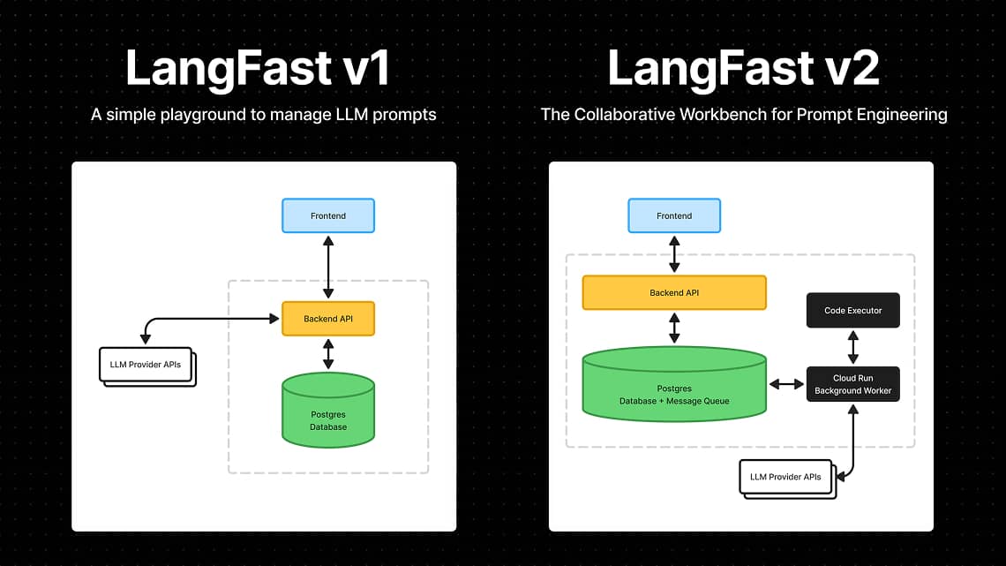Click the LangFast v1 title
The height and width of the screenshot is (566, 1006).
click(258, 69)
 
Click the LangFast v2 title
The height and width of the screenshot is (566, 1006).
click(743, 69)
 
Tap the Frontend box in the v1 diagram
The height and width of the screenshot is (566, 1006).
click(328, 215)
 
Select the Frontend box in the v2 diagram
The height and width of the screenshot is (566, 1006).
click(674, 215)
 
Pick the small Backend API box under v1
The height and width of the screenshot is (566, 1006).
click(328, 319)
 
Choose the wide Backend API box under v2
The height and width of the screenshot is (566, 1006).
click(674, 292)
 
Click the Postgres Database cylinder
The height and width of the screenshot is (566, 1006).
click(328, 411)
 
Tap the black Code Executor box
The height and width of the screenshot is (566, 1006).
click(852, 311)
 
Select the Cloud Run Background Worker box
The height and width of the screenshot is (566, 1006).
click(852, 384)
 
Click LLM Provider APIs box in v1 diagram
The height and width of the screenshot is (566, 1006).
click(146, 365)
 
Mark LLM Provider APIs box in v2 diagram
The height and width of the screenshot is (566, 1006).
click(785, 477)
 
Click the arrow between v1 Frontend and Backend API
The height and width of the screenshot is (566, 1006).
click(328, 266)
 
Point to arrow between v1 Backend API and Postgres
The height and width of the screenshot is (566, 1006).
click(328, 353)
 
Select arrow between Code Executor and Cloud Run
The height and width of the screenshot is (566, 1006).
click(852, 347)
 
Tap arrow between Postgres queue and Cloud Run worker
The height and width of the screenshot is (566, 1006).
click(786, 384)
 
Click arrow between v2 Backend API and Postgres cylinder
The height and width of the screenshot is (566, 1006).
click(674, 327)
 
